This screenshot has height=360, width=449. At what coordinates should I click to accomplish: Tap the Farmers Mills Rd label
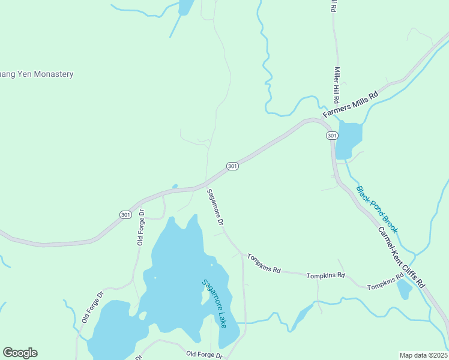351,104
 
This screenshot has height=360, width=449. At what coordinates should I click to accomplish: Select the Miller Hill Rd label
337,85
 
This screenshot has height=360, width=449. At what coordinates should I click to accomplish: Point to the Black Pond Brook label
377,209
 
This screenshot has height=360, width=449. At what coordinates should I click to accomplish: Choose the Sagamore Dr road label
215,207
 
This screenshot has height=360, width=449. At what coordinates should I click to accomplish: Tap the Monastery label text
37,74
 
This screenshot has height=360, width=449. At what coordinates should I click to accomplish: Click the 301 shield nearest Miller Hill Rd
332,136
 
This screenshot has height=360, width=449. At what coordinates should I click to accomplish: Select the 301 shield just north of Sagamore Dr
233,166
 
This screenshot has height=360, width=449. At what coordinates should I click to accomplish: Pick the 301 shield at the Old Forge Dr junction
125,214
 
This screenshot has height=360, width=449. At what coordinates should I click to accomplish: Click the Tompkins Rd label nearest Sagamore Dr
264,263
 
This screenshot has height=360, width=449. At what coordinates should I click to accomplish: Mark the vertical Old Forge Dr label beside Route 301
141,227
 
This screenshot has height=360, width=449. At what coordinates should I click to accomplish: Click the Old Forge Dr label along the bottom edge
204,355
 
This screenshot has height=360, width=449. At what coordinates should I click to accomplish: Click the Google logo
20,352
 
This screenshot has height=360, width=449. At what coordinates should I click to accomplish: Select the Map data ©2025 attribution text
423,355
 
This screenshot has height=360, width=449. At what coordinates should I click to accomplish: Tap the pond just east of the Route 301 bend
349,139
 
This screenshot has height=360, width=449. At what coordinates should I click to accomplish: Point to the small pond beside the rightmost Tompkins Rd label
405,290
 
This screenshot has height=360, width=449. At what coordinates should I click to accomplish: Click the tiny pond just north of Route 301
175,186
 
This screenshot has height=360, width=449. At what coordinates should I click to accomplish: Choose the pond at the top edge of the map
186,6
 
